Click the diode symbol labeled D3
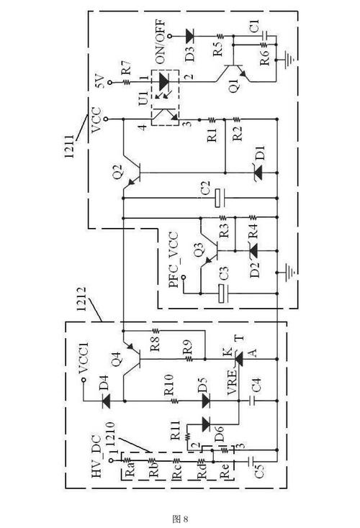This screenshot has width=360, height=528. [x=190, y=35]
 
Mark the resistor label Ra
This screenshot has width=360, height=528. [x=130, y=473]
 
